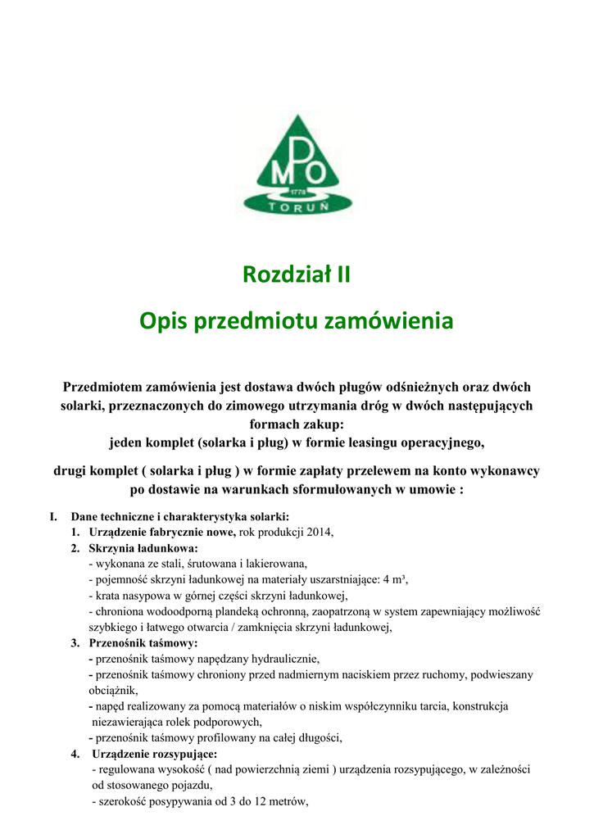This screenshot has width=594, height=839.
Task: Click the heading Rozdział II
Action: pyautogui.click(x=297, y=274)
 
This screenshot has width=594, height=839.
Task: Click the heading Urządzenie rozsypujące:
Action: pyautogui.click(x=155, y=753)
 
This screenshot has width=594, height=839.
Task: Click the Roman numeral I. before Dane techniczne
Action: pyautogui.click(x=53, y=517)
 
